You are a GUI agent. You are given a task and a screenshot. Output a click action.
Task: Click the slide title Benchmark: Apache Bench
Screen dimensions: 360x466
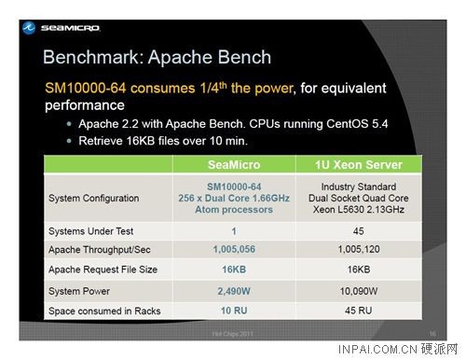click(157, 58)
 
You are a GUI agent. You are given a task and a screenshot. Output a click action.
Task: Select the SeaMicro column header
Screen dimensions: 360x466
click(233, 165)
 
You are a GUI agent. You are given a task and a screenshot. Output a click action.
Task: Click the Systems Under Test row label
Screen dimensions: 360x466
click(90, 230)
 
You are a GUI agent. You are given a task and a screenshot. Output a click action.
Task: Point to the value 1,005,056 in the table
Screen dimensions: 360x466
click(233, 250)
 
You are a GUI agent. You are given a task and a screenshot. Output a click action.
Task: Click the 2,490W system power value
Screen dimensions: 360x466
click(233, 289)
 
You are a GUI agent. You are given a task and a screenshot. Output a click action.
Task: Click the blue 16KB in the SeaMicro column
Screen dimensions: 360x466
click(233, 270)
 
